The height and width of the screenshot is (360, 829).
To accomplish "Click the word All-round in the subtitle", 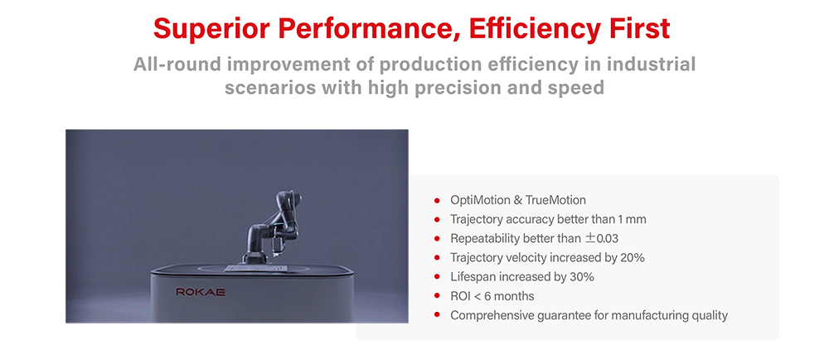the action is point(174,65).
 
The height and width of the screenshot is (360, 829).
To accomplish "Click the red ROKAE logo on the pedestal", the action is point(201,292).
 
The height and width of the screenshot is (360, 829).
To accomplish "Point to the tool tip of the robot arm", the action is point(275,255).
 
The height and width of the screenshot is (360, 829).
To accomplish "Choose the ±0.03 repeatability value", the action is point(602,239).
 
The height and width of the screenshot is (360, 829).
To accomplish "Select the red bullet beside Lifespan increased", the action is point(437,277).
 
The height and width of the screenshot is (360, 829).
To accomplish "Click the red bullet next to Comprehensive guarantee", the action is point(437,315).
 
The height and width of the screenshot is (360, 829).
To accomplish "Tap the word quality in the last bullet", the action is point(710,316).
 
